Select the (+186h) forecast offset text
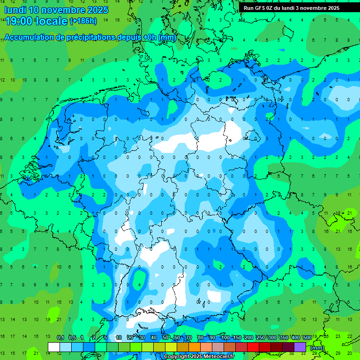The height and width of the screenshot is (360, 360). (x=83, y=21)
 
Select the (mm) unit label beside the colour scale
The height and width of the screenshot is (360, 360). (x=317, y=348)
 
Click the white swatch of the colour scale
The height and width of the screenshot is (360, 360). (x=54, y=347)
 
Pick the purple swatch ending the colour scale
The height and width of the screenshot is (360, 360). (x=300, y=347)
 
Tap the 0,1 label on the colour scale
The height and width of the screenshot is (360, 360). (x=60, y=338)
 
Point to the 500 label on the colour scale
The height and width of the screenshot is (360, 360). (x=307, y=338)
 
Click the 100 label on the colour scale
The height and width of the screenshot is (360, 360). (x=225, y=338)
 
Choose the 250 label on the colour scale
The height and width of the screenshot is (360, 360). (x=260, y=338)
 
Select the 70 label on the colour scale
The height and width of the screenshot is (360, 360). (x=189, y=338)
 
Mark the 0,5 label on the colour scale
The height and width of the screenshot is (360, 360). (x=72, y=338)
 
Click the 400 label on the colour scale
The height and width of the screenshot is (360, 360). (x=295, y=338)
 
